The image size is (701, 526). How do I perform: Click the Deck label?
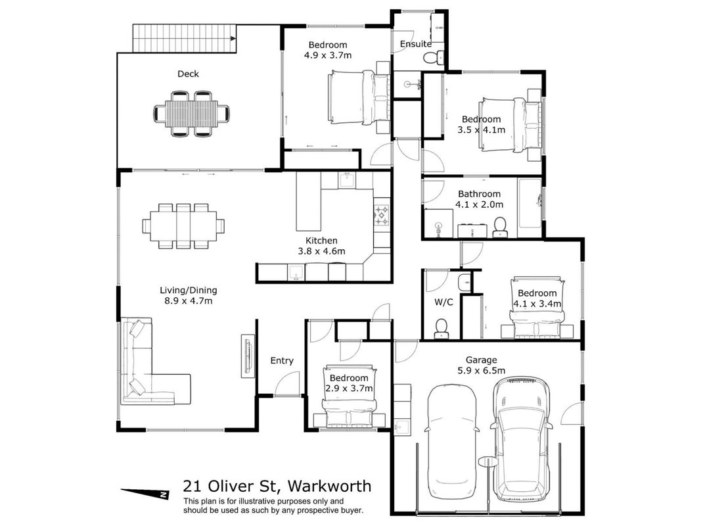point(188,74)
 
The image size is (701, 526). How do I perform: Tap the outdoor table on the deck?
point(191,114)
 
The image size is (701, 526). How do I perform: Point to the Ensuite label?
point(416,44)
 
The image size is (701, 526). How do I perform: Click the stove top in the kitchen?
point(382,215)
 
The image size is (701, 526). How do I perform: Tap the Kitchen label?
point(321,241)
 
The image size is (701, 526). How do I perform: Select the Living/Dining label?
point(188,290)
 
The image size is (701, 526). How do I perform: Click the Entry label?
point(282,360)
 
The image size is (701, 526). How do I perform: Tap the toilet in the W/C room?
point(441,329)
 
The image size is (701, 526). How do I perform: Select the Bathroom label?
point(479,194)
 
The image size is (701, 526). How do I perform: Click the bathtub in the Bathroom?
point(530,208)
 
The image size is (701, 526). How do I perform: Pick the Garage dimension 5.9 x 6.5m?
point(481,371)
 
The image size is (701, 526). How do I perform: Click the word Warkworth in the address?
point(330,486)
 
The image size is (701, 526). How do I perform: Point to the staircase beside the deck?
point(185,39)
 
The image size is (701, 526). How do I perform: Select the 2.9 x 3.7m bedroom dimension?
point(349,389)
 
